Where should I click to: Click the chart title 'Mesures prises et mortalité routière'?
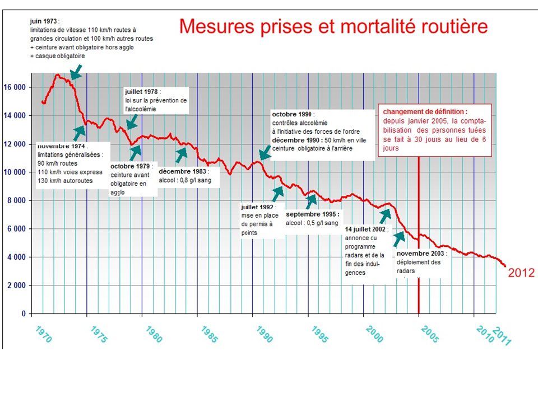[334, 26]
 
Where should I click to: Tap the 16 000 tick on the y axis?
[15, 87]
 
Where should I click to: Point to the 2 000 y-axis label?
[17, 285]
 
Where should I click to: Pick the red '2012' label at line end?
[521, 273]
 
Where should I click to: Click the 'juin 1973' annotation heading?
[45, 21]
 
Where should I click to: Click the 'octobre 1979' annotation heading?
[132, 167]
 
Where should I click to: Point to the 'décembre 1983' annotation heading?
[183, 172]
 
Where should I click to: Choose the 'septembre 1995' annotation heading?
[312, 214]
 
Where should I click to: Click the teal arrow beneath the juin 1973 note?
[76, 72]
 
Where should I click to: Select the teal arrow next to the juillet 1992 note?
[277, 194]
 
